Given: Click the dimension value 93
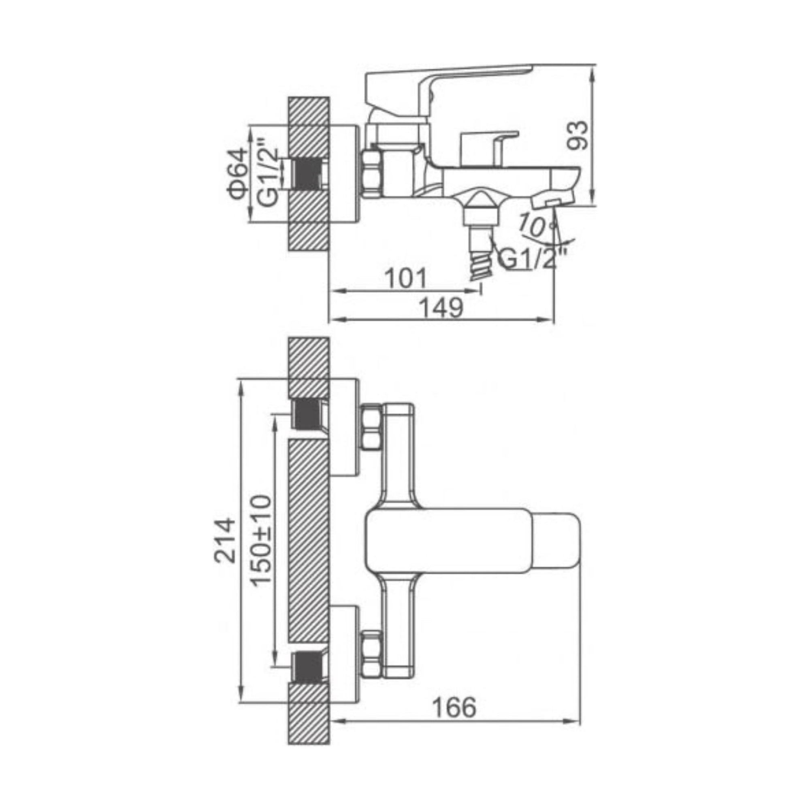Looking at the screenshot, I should pos(578,135).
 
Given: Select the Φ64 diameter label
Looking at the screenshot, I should pos(237,174).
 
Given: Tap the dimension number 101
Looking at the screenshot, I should pos(405,278).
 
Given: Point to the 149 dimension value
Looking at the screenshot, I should pos(441,308).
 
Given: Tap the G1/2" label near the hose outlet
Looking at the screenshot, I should pos(533,259).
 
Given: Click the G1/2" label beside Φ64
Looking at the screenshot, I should pos(267,172).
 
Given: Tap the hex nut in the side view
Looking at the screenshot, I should pos(371,174).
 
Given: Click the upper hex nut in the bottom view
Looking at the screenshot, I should pos(371,426).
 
